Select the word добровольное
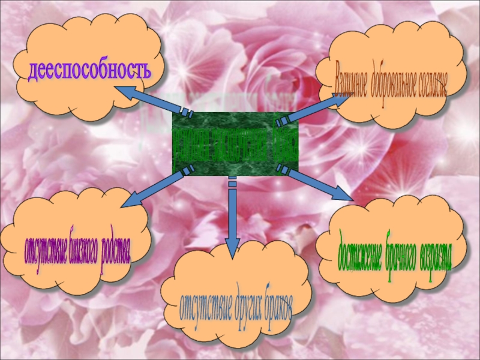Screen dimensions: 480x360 click(399, 82)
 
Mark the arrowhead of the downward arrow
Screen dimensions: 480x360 click(232, 248)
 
